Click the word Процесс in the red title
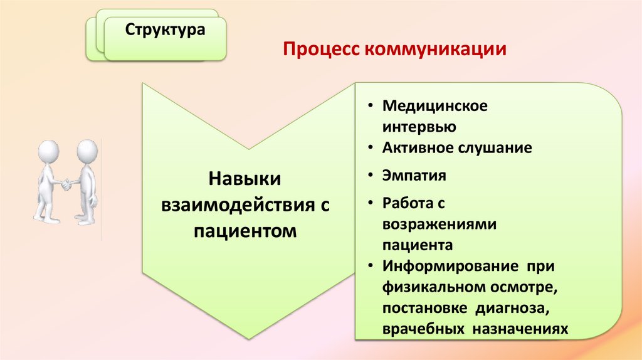pyautogui.click(x=318, y=48)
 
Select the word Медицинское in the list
pyautogui.click(x=435, y=105)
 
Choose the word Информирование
pyautogui.click(x=448, y=266)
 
